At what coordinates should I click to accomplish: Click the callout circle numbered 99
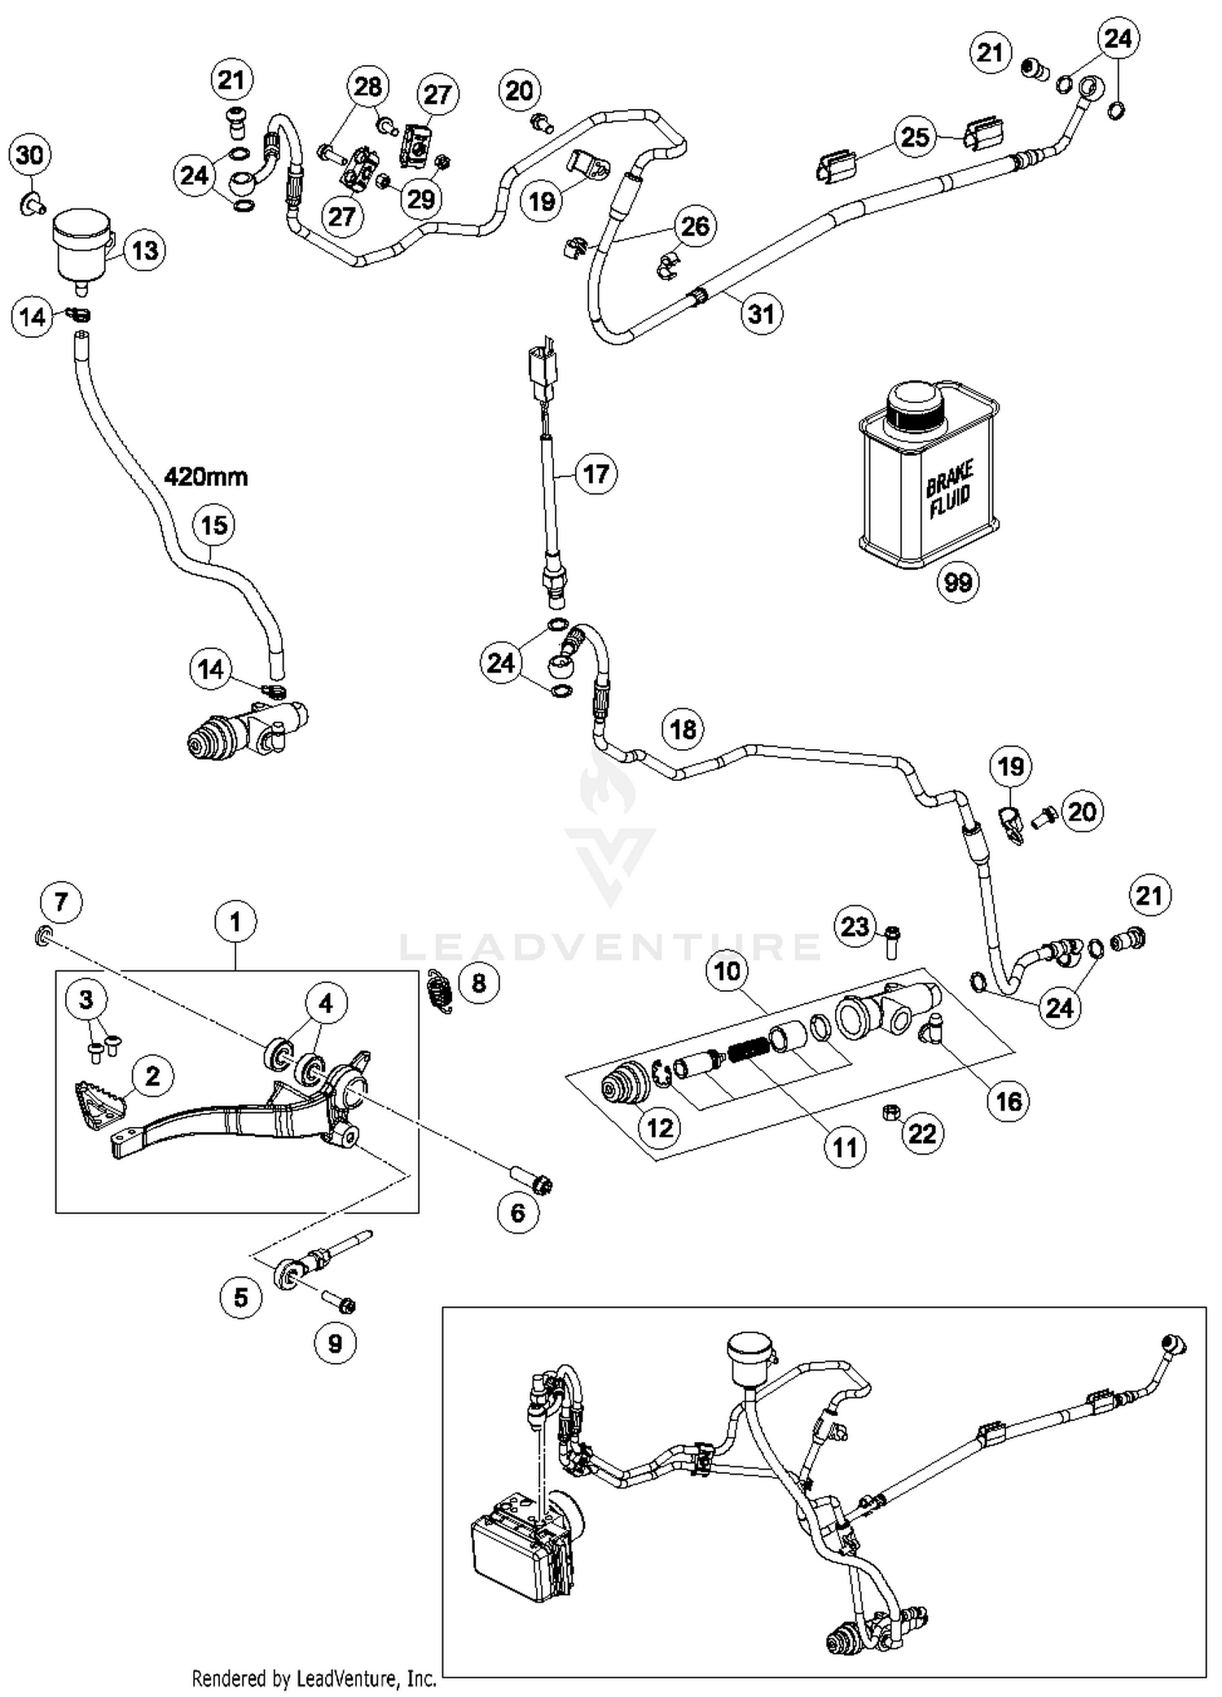click(957, 582)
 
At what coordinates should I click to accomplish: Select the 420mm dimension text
click(205, 476)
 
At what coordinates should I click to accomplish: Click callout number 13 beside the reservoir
click(144, 250)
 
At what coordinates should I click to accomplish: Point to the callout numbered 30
click(29, 155)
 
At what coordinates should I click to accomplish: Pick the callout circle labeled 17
click(596, 473)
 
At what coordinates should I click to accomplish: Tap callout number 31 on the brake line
click(761, 313)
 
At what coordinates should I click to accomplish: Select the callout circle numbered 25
click(915, 136)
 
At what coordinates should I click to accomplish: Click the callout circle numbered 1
click(235, 923)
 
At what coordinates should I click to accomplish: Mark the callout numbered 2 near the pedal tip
click(152, 1076)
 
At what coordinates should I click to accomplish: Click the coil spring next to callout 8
click(441, 992)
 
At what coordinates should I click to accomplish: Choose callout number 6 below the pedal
click(518, 1212)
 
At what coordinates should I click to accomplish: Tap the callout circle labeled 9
click(335, 1343)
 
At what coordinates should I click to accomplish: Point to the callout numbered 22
click(922, 1133)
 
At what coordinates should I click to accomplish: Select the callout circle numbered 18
click(683, 729)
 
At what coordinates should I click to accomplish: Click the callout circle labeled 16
click(1009, 1101)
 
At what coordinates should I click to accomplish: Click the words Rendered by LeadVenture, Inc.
click(314, 1678)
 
